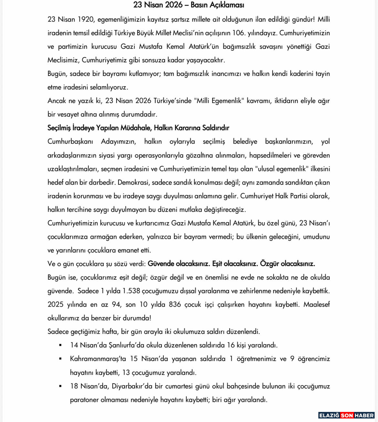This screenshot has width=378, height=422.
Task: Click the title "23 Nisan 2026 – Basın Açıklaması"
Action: coord(189,5)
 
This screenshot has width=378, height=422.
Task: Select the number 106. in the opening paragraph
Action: coord(238,33)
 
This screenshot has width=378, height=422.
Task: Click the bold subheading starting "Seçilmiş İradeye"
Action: coord(138,128)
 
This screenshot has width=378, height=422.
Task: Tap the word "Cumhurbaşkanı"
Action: coord(70,141)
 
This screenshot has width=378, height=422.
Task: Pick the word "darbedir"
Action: coord(102,182)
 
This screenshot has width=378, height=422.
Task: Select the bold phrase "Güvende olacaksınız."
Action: coord(179,264)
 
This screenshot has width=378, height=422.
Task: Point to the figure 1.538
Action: coord(131,291)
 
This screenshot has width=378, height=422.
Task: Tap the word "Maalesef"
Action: coord(316,304)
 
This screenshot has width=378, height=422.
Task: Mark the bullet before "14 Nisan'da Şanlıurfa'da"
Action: coord(60,345)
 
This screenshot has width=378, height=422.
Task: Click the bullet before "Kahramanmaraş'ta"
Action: coord(60,359)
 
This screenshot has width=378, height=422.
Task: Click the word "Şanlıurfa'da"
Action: coord(126,345)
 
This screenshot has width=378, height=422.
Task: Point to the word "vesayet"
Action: coord(68,114)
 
